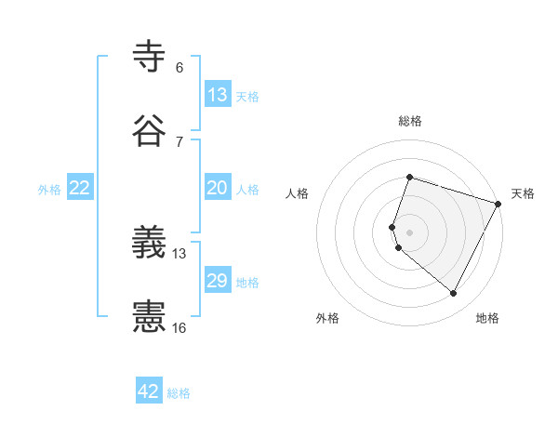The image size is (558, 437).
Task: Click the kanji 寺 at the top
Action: coord(151,58)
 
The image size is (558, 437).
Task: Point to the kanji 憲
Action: coord(151,317)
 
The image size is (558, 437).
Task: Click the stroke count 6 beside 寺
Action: coord(179,68)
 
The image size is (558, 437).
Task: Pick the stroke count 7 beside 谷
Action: coord(179,141)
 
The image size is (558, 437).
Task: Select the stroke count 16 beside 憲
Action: coord(179,327)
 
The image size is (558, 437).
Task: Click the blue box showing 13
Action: coord(218,95)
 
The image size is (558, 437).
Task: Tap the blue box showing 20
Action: coord(218,188)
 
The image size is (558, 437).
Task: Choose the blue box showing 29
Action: coord(218,281)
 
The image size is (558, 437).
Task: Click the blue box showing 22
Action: coord(80,188)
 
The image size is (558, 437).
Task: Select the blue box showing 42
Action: coord(149,391)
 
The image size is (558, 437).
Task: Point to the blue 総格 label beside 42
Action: coord(179,393)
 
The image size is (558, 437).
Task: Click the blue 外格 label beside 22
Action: coord(49,190)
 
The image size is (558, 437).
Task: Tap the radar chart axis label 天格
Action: coord(523,193)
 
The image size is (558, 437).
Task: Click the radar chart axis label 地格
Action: coord(487,318)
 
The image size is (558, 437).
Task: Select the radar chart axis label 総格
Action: coord(410,121)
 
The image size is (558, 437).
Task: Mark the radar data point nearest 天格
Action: coord(498,203)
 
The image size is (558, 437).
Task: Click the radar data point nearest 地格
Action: coord(453,294)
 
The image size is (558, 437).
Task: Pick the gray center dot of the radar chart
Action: coord(409,232)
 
